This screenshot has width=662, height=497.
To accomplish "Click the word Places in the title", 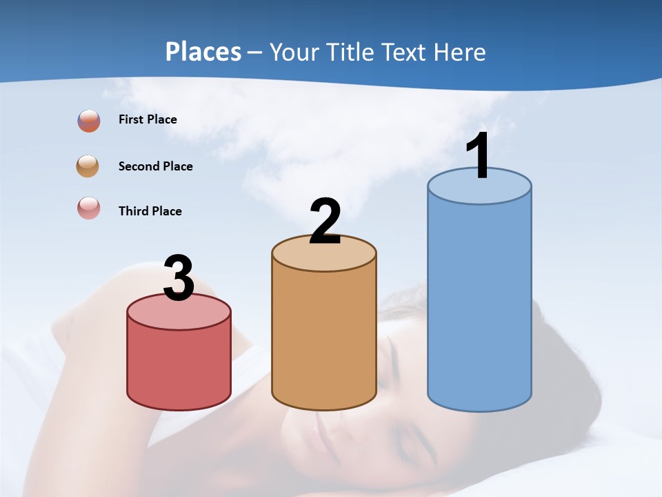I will [203, 52].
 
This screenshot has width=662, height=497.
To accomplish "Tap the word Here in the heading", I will [461, 52].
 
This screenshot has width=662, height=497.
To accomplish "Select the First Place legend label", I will [148, 119].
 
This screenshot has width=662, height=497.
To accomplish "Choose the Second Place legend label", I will [155, 166].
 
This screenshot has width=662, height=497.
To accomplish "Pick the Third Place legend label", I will [150, 211].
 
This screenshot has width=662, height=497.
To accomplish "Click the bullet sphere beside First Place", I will [89, 121].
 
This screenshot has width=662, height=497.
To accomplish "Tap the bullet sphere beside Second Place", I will [88, 166].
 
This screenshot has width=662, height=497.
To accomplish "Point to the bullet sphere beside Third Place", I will [89, 208].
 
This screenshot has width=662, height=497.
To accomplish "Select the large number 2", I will [325, 222].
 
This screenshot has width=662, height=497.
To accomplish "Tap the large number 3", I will [179, 278].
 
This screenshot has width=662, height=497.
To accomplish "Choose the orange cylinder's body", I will [324, 338].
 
